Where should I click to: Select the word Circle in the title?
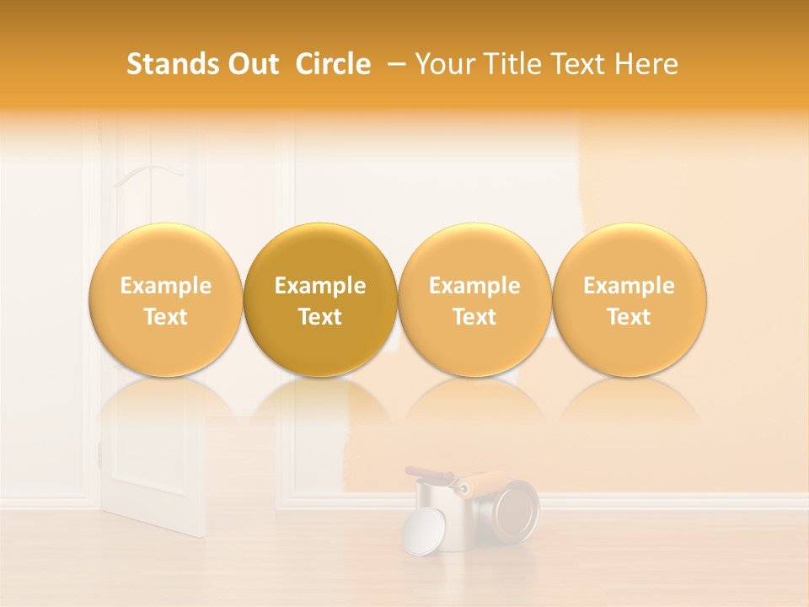pos(333,64)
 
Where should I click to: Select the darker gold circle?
pos(320,299)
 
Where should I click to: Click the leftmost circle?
pos(165,299)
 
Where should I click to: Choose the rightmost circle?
pos(630,299)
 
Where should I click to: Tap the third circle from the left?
pos(474,299)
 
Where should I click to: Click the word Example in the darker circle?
pos(320,286)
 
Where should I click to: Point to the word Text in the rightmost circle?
pos(630,317)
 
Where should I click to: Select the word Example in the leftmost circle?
pos(165,286)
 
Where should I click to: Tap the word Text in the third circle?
pos(474,317)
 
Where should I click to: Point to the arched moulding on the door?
pos(148,175)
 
